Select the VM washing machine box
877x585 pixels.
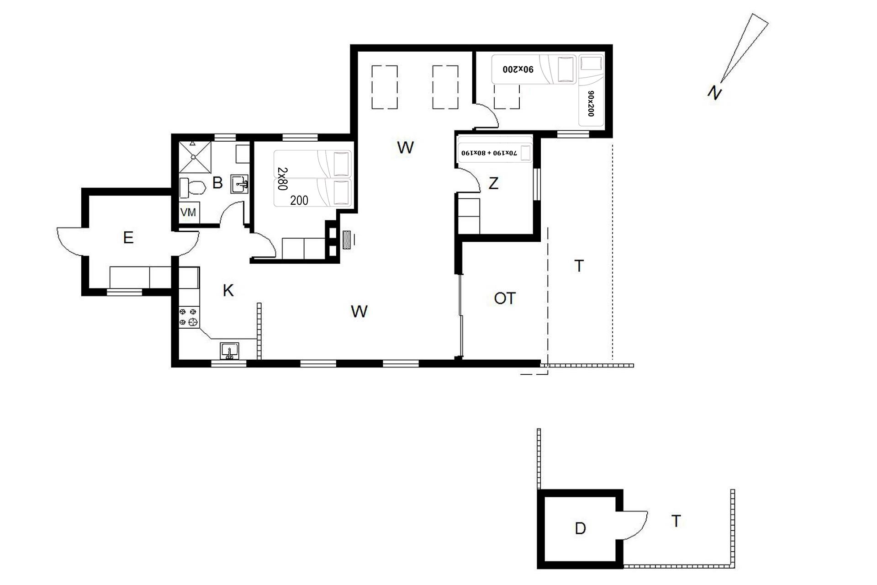pyautogui.click(x=189, y=213)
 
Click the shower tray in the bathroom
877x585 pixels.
pyautogui.click(x=195, y=157)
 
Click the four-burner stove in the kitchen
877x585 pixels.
pyautogui.click(x=189, y=317)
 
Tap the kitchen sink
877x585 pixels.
pyautogui.click(x=229, y=351)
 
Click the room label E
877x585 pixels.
pyautogui.click(x=128, y=238)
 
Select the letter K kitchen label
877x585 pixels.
pyautogui.click(x=228, y=290)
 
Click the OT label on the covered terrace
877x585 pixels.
pyautogui.click(x=505, y=298)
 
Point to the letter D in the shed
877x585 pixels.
pyautogui.click(x=580, y=529)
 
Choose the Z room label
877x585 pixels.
pyautogui.click(x=493, y=184)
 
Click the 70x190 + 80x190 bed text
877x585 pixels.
pyautogui.click(x=489, y=153)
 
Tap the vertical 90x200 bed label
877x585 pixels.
pyautogui.click(x=591, y=103)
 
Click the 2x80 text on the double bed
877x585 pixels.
pyautogui.click(x=282, y=178)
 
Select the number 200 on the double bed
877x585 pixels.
pyautogui.click(x=299, y=200)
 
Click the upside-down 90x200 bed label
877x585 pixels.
pyautogui.click(x=518, y=69)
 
